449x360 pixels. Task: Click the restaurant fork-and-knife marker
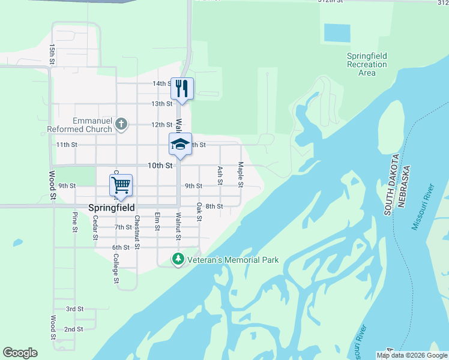click(x=182, y=88)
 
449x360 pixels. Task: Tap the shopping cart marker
click(x=121, y=185)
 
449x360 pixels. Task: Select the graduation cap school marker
click(x=179, y=144)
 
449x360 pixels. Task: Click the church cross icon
click(x=121, y=124)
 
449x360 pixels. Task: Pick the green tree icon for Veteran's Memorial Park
click(x=178, y=259)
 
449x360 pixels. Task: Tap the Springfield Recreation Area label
click(x=367, y=64)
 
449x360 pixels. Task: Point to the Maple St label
click(x=241, y=174)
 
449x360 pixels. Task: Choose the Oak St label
click(x=199, y=211)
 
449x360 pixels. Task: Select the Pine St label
click(x=75, y=221)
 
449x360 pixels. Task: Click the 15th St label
click(x=53, y=54)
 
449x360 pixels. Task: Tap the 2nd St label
click(x=73, y=329)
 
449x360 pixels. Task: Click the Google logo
click(x=20, y=353)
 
